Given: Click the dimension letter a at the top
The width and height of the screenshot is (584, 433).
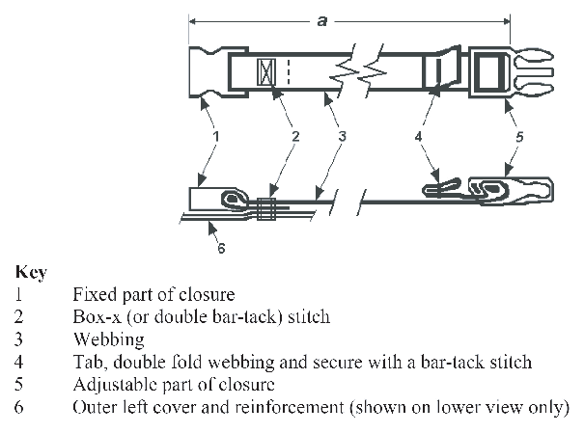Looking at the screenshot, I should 321,19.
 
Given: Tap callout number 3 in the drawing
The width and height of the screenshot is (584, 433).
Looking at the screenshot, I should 342,137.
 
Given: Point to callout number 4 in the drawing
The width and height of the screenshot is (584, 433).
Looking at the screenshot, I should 419,137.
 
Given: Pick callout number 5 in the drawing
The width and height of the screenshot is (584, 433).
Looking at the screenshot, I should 519,137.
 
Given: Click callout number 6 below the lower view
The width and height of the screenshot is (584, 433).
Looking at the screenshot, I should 221,249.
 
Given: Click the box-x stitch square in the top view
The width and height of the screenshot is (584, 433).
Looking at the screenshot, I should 265,71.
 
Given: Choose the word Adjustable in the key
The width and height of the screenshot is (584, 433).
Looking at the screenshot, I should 111,385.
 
